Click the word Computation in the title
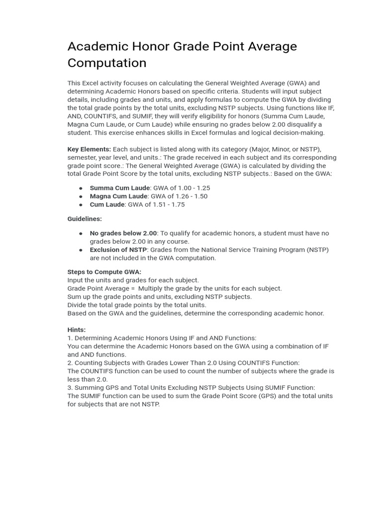107,63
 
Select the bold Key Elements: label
89,149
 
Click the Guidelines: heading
85,219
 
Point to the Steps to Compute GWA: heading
104,272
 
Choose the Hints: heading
77,330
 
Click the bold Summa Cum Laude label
119,188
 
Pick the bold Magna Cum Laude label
118,196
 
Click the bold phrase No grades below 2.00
123,233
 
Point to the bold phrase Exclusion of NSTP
118,250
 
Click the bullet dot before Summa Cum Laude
81,188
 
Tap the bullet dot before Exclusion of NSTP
81,250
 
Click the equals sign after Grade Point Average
132,288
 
